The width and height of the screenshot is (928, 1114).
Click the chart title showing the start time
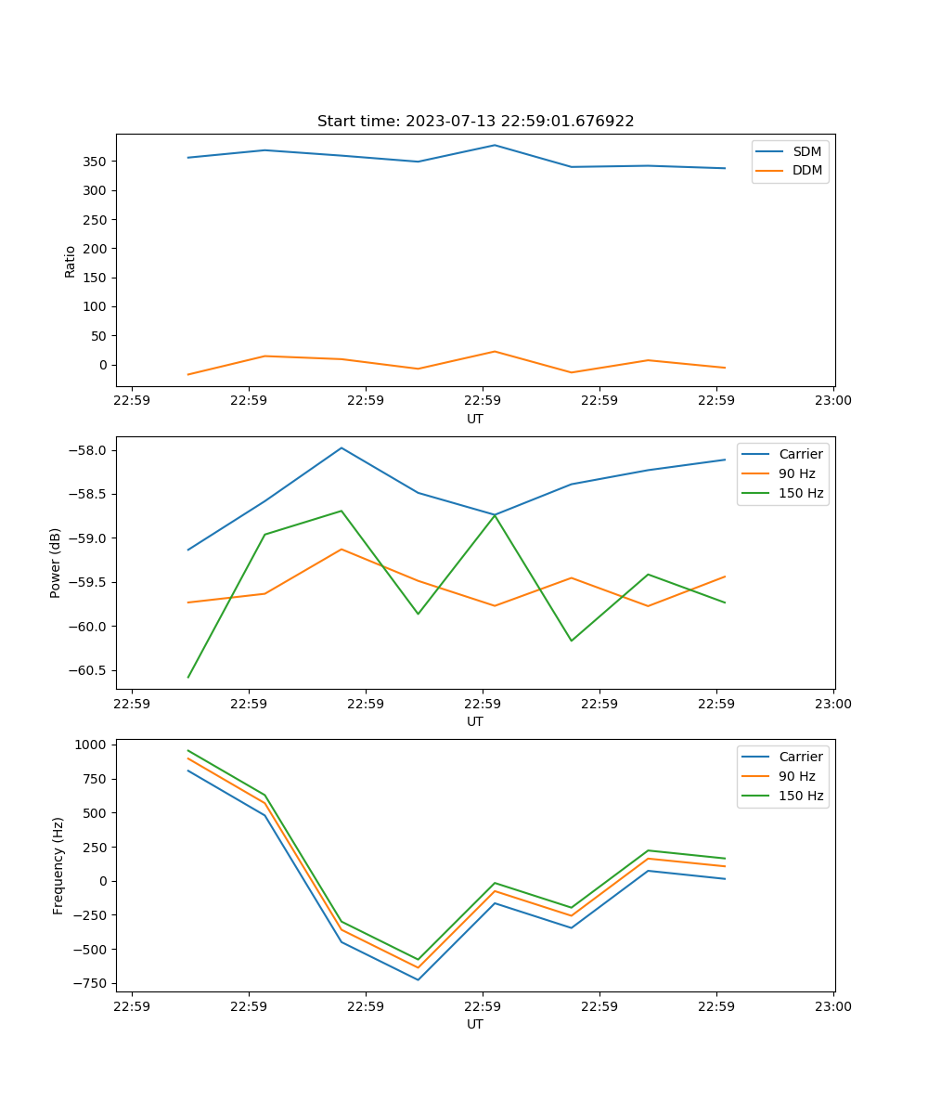(475, 122)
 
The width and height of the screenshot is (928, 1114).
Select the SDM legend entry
(806, 151)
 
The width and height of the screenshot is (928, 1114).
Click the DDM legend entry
(806, 170)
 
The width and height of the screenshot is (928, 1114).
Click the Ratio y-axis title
(71, 261)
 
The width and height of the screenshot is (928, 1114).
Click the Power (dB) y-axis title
(56, 563)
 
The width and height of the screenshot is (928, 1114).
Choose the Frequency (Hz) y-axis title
(58, 865)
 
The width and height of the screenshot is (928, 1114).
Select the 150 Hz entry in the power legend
(801, 493)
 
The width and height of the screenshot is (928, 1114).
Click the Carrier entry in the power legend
(801, 454)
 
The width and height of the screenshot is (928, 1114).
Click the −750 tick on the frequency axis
(93, 984)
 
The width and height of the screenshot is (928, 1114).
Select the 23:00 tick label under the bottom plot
(832, 1006)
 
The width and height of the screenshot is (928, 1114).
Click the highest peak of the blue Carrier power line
(342, 447)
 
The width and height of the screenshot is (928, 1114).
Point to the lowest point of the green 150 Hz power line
(188, 677)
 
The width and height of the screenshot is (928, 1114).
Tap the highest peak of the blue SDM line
(495, 145)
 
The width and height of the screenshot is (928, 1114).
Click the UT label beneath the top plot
(475, 419)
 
